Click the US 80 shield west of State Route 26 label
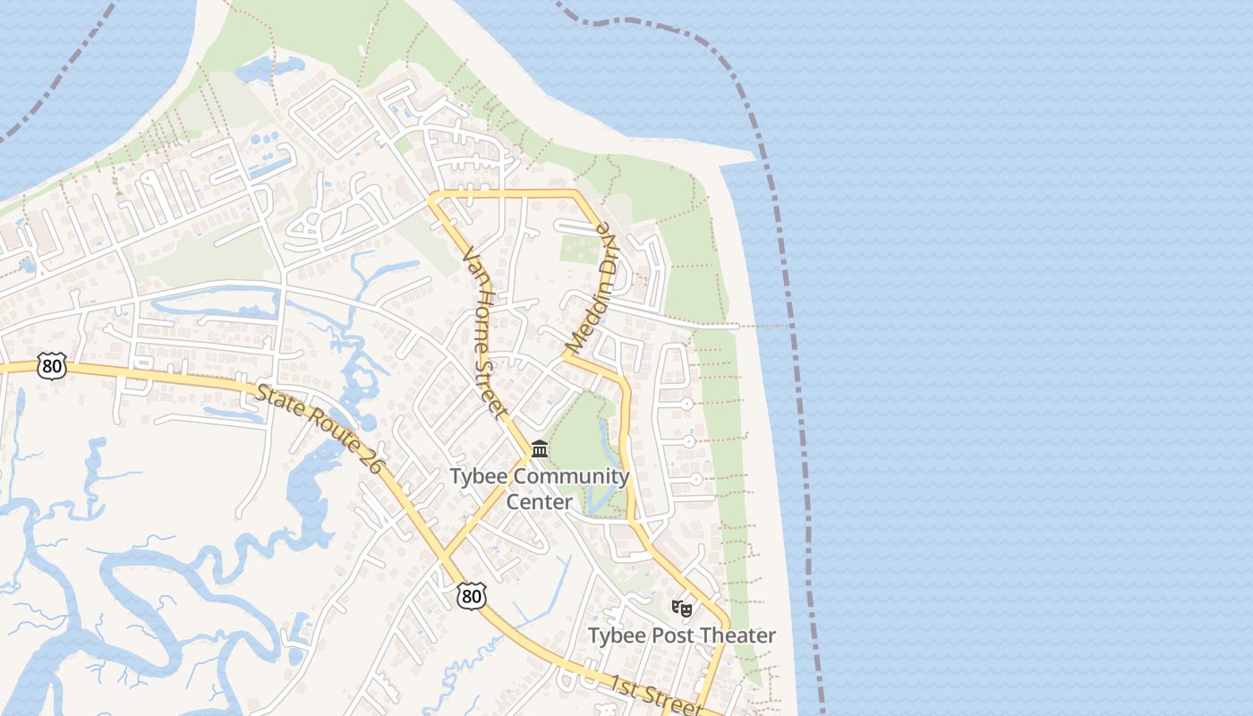(x=53, y=365)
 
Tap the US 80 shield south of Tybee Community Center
(x=471, y=596)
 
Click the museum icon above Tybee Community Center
(x=540, y=447)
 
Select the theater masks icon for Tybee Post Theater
(x=682, y=609)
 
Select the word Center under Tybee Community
(x=539, y=501)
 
